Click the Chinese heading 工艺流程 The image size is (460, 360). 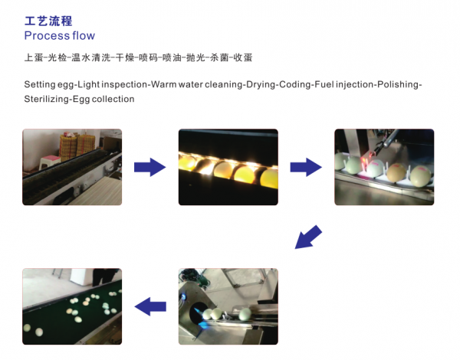pos(48,21)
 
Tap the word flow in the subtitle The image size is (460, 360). pos(84,36)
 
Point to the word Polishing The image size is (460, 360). pos(399,85)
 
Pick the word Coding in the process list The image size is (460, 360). pos(295,85)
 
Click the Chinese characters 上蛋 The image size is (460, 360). pos(34,57)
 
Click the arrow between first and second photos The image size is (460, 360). pos(150,167)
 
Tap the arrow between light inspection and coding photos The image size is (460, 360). pos(306,167)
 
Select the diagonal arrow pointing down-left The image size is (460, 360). pos(308,237)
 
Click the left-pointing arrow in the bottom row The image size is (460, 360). pos(150,306)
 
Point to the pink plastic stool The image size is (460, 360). pos(50,162)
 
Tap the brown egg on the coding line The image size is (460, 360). pos(396,172)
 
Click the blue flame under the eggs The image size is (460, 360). pos(203,322)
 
